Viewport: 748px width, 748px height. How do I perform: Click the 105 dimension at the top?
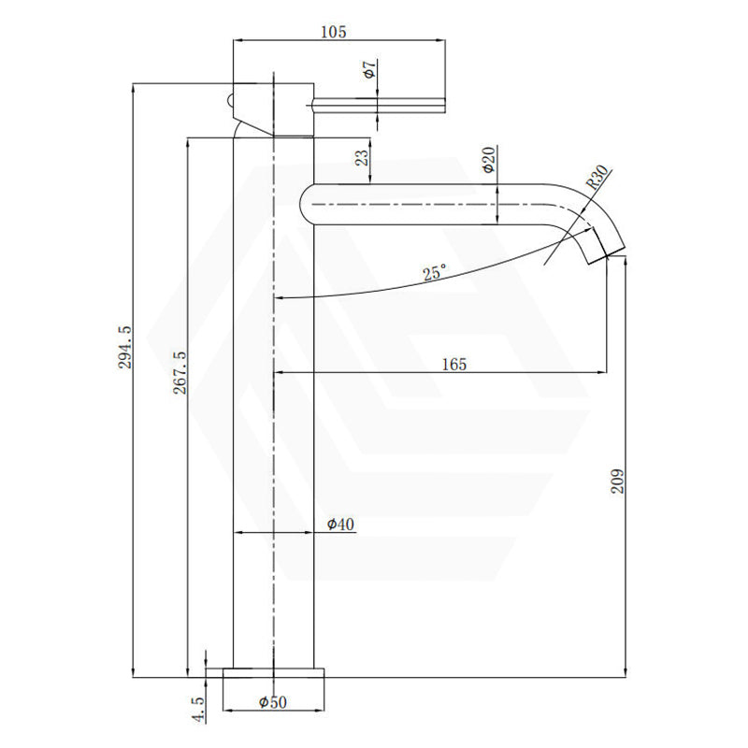coord(333,32)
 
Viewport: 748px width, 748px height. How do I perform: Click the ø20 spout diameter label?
coord(488,160)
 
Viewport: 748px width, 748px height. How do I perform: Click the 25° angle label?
coord(434,273)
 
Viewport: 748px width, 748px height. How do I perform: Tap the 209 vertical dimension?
coord(616,480)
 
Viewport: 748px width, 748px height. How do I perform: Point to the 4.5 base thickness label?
coord(197,708)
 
